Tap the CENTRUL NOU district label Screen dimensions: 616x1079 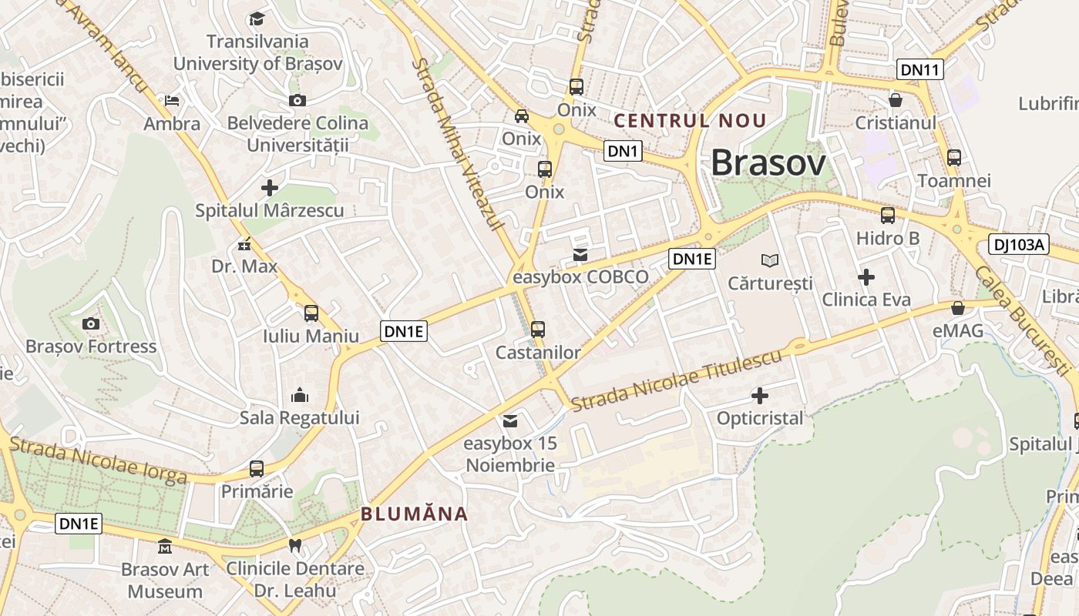pos(690,121)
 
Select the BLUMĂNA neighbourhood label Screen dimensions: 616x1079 pos(414,514)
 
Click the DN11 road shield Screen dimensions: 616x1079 pos(920,69)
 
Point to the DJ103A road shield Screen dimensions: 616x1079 pos(1019,245)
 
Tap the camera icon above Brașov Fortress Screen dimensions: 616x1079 pos(91,323)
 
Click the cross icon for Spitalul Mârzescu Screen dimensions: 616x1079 pos(269,187)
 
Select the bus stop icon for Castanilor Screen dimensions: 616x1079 pos(538,330)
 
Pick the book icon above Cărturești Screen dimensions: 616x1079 pos(770,260)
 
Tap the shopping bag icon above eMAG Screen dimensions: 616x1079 pos(958,308)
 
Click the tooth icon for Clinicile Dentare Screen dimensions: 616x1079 pos(294,546)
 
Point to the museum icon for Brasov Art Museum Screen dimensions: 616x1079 pos(164,547)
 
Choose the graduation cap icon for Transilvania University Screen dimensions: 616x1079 pos(257,18)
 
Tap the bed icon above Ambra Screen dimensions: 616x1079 pos(172,100)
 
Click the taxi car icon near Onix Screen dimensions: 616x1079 pos(522,116)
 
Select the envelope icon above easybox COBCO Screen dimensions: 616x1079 pos(580,254)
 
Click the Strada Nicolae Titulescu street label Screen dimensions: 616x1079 pos(677,380)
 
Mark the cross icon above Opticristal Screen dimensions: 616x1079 pos(760,396)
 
